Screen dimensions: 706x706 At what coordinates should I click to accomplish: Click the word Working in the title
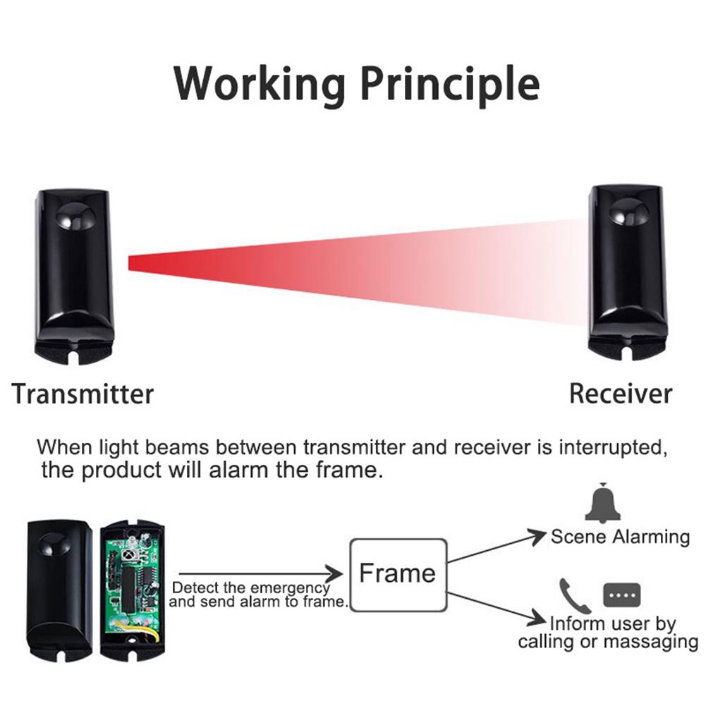point(259,84)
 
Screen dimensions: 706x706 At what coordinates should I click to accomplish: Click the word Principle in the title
point(450,84)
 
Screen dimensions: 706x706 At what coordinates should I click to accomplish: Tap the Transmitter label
point(83,393)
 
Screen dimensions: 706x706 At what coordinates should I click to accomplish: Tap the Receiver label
point(621,393)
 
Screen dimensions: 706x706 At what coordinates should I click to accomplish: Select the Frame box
point(398,574)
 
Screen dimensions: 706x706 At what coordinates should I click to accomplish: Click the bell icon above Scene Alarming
point(602,504)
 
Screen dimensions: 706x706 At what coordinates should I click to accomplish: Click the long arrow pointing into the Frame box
point(261,574)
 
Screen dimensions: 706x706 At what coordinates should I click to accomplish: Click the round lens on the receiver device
point(627,207)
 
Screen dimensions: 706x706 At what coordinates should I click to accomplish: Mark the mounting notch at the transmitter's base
point(73,353)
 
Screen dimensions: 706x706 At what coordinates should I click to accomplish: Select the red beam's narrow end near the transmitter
point(134,262)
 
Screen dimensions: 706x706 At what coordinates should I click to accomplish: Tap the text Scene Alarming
point(620,537)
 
